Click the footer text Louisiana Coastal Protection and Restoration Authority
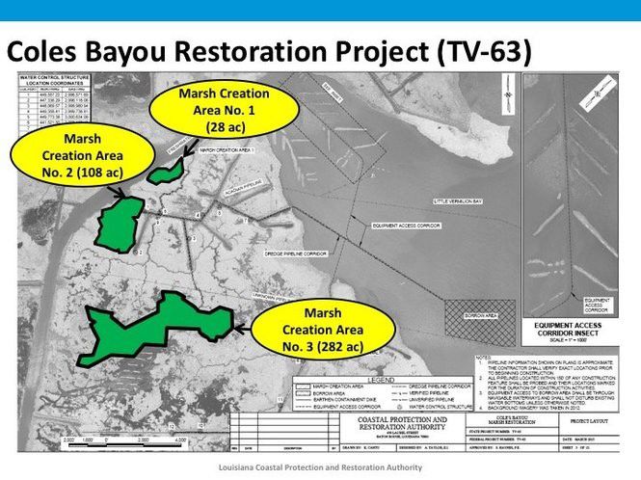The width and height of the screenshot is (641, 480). [319, 468]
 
